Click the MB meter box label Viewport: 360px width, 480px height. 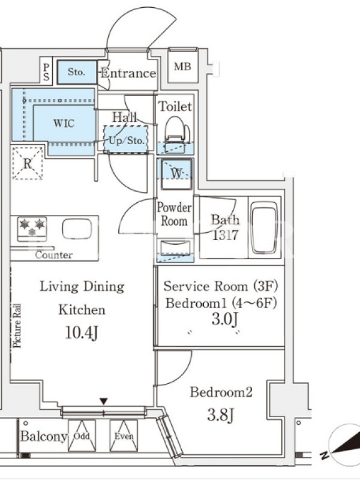(182, 67)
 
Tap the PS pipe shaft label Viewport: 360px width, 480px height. (46, 71)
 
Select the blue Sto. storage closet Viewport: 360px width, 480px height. (77, 72)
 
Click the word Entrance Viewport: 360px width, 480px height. (128, 73)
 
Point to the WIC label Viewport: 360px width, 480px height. (64, 123)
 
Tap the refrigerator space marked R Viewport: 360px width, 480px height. (28, 163)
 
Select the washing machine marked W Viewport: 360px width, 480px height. (175, 173)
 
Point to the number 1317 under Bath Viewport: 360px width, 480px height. (226, 235)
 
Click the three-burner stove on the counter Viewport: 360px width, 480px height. (32, 229)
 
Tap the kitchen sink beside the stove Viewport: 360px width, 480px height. (77, 229)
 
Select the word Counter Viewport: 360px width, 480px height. (54, 254)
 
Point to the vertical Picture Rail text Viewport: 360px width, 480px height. (17, 326)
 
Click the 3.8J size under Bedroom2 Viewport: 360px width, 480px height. (221, 415)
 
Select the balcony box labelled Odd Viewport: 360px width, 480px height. (82, 436)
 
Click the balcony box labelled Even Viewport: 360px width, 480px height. (124, 436)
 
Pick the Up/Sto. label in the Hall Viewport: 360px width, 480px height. (127, 140)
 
